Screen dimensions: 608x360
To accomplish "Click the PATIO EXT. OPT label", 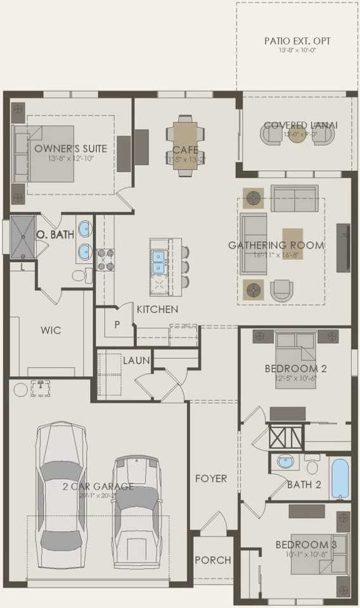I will pos(297,41).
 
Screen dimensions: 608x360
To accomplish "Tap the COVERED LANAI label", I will pos(300,125).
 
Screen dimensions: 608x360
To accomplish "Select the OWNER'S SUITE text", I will pos(70,149).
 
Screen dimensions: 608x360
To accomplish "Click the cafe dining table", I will pos(186,145).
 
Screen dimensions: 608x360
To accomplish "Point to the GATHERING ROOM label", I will pos(276,245).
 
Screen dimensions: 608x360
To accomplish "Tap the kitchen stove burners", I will pos(106,259).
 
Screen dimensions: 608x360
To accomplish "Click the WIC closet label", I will pos(51,331).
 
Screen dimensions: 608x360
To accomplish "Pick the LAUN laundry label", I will pos(136,360).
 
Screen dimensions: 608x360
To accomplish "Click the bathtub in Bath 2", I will pos(340,479).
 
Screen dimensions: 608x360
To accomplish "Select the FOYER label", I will pos(210,478).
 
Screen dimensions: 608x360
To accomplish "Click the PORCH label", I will pos(212,560).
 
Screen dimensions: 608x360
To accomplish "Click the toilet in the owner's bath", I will pos(80,275).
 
